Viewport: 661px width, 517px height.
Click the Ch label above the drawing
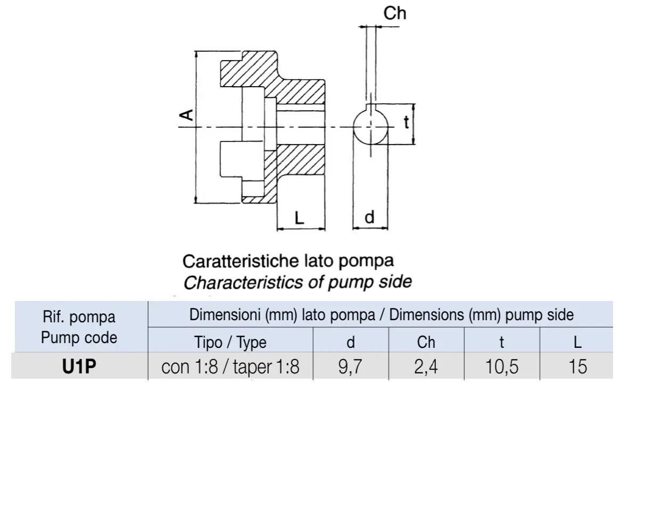tap(394, 13)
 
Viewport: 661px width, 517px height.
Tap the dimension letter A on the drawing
tap(186, 115)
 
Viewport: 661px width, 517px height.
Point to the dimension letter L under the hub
tap(299, 218)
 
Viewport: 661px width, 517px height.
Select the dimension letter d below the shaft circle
tap(369, 218)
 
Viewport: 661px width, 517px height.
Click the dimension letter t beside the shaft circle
tap(407, 122)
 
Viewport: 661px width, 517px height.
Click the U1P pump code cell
tap(79, 366)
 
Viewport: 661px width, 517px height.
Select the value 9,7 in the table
tap(350, 366)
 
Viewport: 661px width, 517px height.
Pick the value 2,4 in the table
tap(426, 366)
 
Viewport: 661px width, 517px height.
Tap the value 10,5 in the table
tap(502, 366)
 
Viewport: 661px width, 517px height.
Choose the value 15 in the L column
tap(577, 366)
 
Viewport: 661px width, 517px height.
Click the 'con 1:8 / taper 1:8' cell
tap(230, 367)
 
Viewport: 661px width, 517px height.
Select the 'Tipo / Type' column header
tap(230, 342)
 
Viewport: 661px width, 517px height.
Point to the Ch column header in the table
tap(426, 342)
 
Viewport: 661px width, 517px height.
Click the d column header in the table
tap(350, 342)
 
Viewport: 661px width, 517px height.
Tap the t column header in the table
tap(502, 343)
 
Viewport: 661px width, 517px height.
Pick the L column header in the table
tap(577, 342)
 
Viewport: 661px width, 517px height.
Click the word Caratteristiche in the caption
tap(241, 261)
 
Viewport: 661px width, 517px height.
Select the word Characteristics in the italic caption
tap(244, 282)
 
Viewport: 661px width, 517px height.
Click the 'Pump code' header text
tap(79, 338)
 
